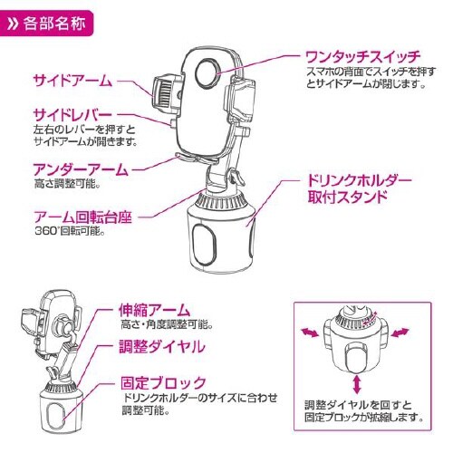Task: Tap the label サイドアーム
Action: pyautogui.click(x=73, y=79)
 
